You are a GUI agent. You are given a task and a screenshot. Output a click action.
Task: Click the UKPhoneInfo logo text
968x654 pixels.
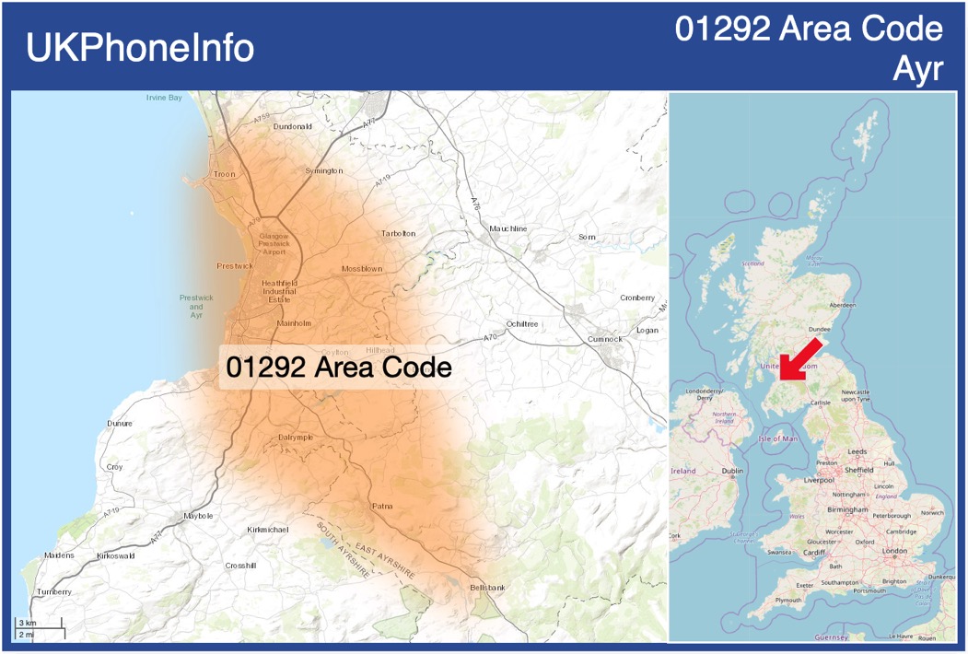pyautogui.click(x=140, y=48)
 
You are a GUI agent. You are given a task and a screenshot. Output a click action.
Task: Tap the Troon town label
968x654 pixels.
pyautogui.click(x=225, y=174)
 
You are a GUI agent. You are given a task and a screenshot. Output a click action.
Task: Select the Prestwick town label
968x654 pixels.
pyautogui.click(x=235, y=266)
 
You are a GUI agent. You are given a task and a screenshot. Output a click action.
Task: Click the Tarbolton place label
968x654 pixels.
pyautogui.click(x=398, y=234)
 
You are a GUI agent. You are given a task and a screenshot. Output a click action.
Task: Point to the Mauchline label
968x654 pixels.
pyautogui.click(x=508, y=228)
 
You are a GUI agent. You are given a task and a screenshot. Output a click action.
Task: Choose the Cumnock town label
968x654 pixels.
pyautogui.click(x=605, y=339)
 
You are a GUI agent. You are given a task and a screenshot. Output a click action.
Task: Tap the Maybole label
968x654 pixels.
pyautogui.click(x=198, y=516)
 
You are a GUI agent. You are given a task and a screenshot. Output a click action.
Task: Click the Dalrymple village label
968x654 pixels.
pyautogui.click(x=296, y=437)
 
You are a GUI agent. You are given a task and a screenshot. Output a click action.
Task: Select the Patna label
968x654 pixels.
pyautogui.click(x=382, y=506)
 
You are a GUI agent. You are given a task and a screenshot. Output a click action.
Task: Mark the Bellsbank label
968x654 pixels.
pyautogui.click(x=487, y=587)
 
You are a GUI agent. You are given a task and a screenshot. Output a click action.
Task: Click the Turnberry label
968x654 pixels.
pyautogui.click(x=52, y=591)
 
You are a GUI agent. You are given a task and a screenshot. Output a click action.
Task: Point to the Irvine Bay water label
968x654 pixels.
pyautogui.click(x=164, y=98)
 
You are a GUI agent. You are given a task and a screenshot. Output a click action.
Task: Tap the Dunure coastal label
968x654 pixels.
pyautogui.click(x=120, y=424)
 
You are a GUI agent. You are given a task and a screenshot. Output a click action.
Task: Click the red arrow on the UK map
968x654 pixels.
pyautogui.click(x=798, y=358)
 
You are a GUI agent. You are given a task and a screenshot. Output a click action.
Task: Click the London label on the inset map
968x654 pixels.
pyautogui.click(x=894, y=551)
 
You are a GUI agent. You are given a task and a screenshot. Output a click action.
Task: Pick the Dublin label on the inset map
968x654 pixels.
pyautogui.click(x=733, y=471)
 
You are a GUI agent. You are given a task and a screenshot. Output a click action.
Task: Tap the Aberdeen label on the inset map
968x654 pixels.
pyautogui.click(x=842, y=305)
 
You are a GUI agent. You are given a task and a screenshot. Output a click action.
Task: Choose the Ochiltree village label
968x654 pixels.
pyautogui.click(x=521, y=324)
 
